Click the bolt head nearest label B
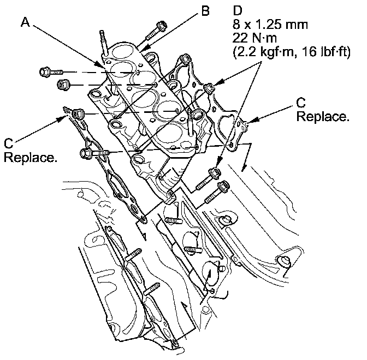[x=161, y=25]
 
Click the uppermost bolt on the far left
[x=45, y=71]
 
